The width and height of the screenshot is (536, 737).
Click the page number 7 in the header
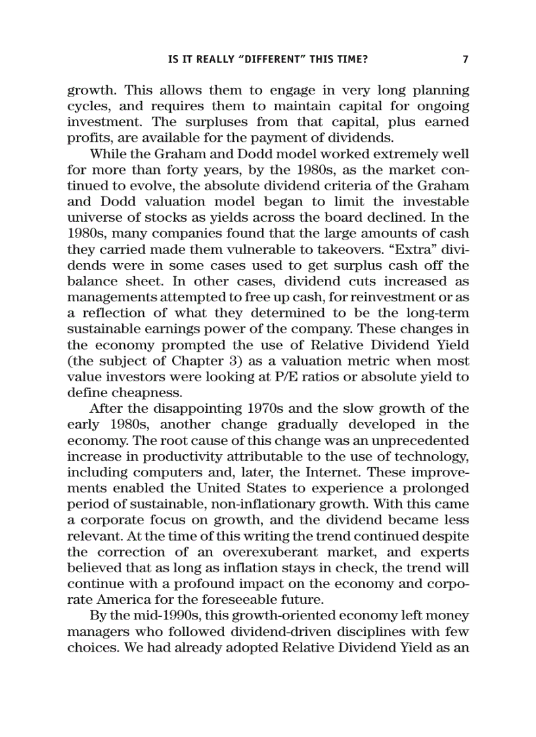[465, 60]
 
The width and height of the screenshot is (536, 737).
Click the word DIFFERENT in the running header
[271, 60]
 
